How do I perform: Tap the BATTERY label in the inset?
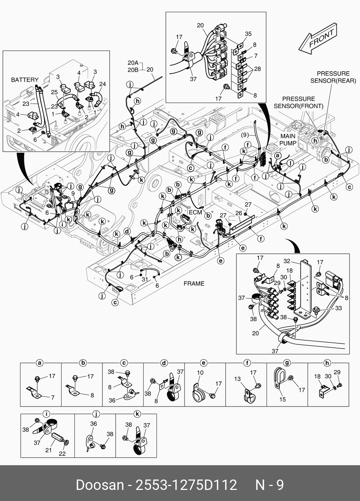[x=25, y=80]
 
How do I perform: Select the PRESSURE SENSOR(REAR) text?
[x=333, y=77]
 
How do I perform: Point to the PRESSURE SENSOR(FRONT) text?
[x=298, y=102]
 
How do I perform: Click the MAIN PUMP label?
[x=288, y=140]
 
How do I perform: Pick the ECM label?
[x=195, y=212]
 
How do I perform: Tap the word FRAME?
[x=194, y=283]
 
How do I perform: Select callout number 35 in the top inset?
[x=248, y=34]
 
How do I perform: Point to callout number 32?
[x=287, y=261]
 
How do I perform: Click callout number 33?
[x=338, y=308]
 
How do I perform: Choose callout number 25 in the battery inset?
[x=54, y=92]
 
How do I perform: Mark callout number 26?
[x=238, y=213]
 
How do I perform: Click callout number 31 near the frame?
[x=144, y=279]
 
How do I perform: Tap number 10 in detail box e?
[x=200, y=373]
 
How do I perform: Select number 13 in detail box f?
[x=237, y=379]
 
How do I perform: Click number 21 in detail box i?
[x=49, y=450]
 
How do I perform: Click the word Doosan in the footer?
[x=99, y=485]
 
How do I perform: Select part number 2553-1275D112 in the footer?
[x=185, y=485]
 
